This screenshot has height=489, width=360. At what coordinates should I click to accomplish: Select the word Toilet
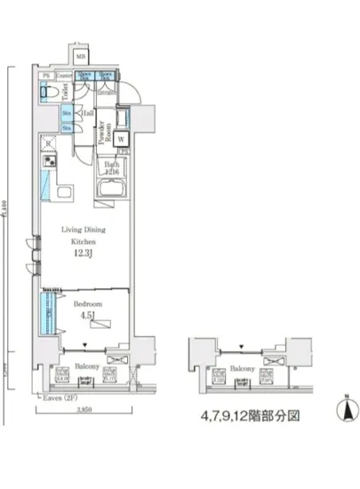pos(66,90)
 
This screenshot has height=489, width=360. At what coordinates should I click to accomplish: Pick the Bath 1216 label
pos(112,168)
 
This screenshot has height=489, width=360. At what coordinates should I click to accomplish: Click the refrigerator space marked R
pos(46,142)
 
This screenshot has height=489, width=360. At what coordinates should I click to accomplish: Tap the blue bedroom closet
pos(42,311)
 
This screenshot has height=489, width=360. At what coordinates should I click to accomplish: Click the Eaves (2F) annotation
pos(59,399)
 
